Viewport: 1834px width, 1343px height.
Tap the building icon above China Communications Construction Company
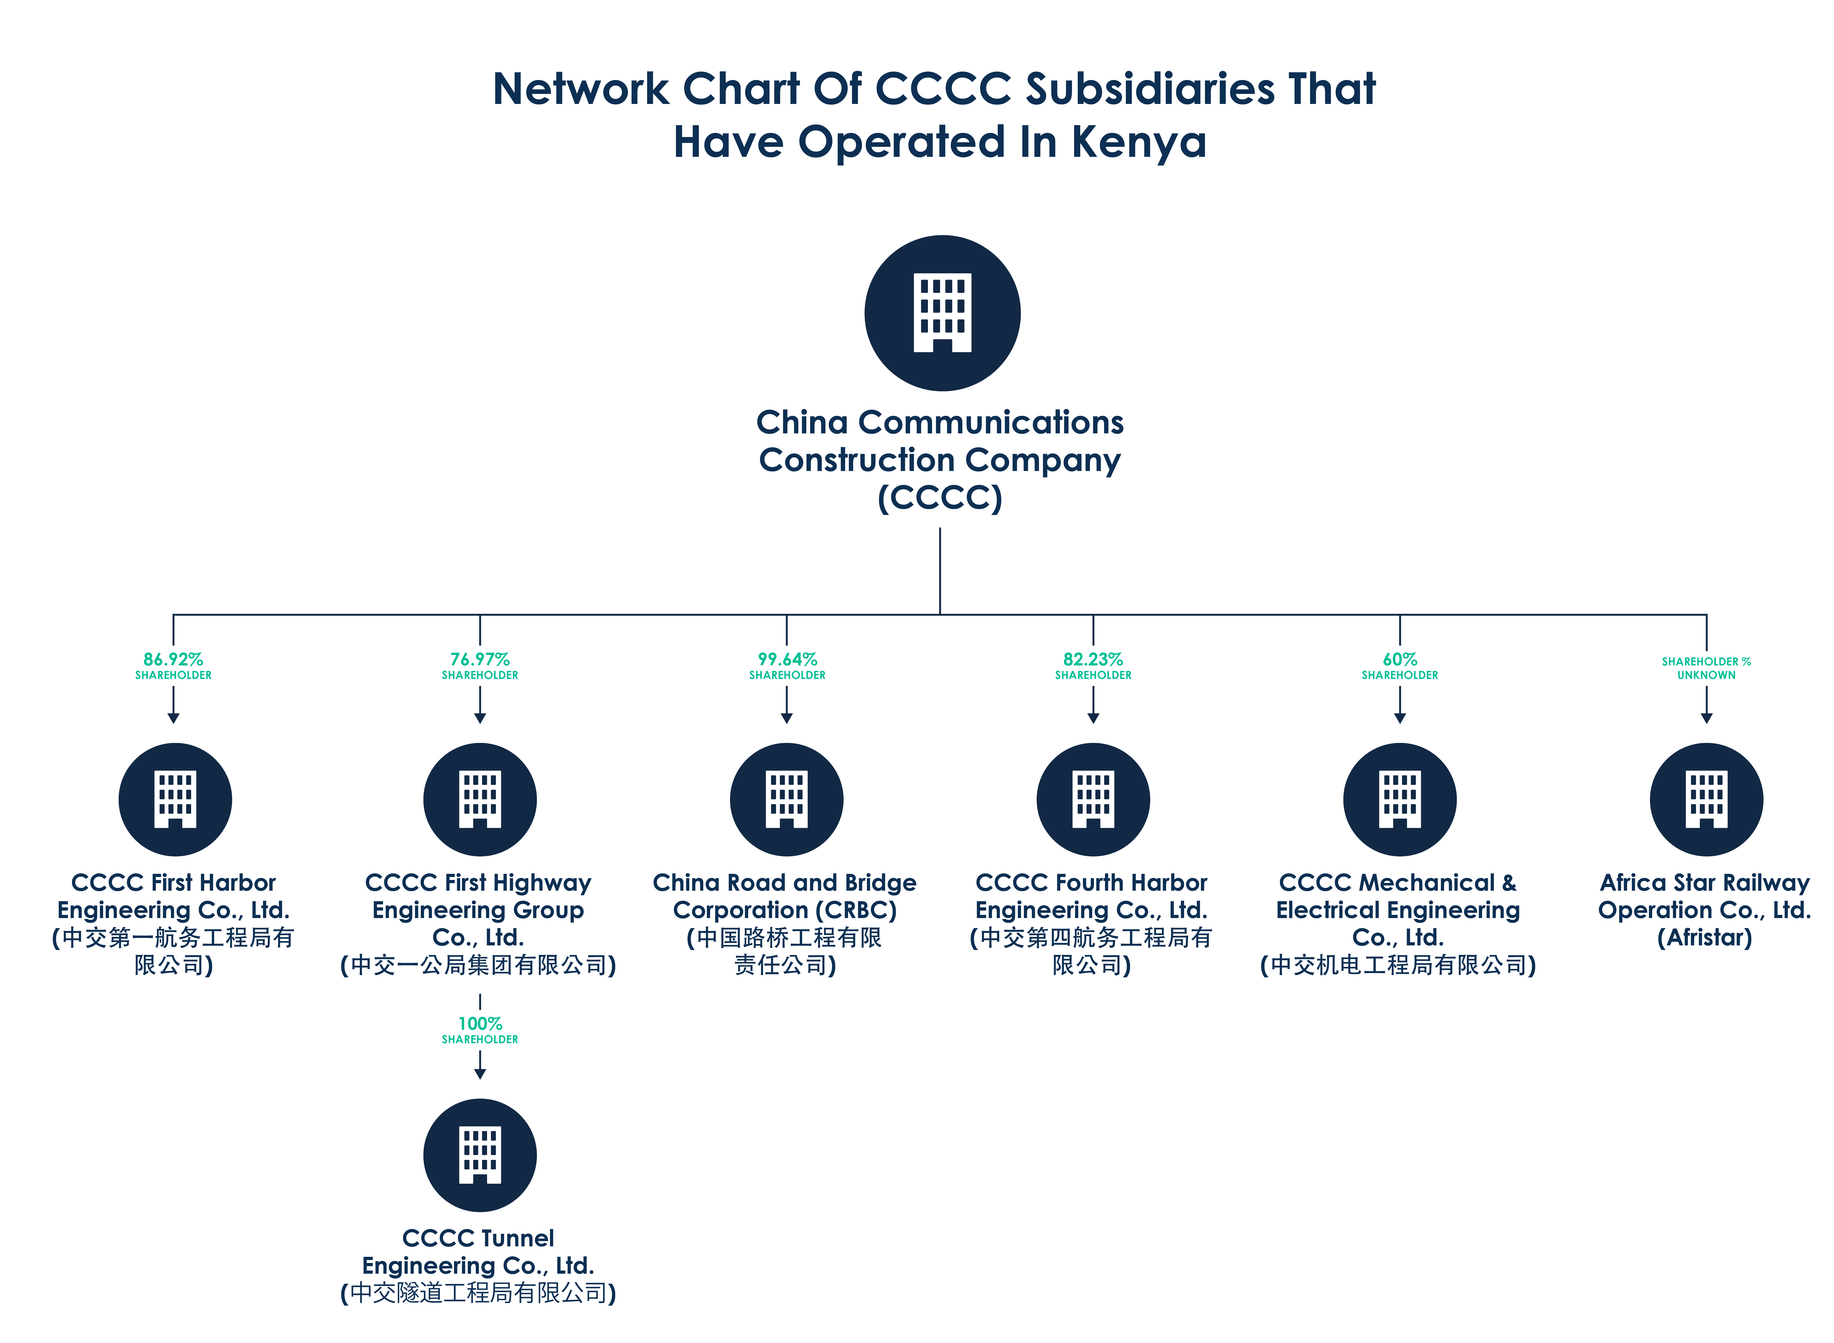coord(942,313)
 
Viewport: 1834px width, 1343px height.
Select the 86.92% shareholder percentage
coord(173,659)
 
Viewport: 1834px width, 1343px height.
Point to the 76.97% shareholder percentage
coord(480,659)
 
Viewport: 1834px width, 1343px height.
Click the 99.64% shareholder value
coord(787,659)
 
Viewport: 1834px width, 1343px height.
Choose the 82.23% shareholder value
coord(1093,659)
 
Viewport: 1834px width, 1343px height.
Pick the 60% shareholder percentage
coord(1400,659)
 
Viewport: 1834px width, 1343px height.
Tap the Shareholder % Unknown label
coord(1706,668)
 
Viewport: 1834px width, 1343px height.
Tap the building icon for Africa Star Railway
coord(1706,799)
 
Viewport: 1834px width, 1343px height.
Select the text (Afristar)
coord(1705,938)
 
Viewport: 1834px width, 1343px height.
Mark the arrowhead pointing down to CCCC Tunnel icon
coord(480,1074)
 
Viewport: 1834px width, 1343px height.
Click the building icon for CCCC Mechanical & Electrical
coord(1400,799)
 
